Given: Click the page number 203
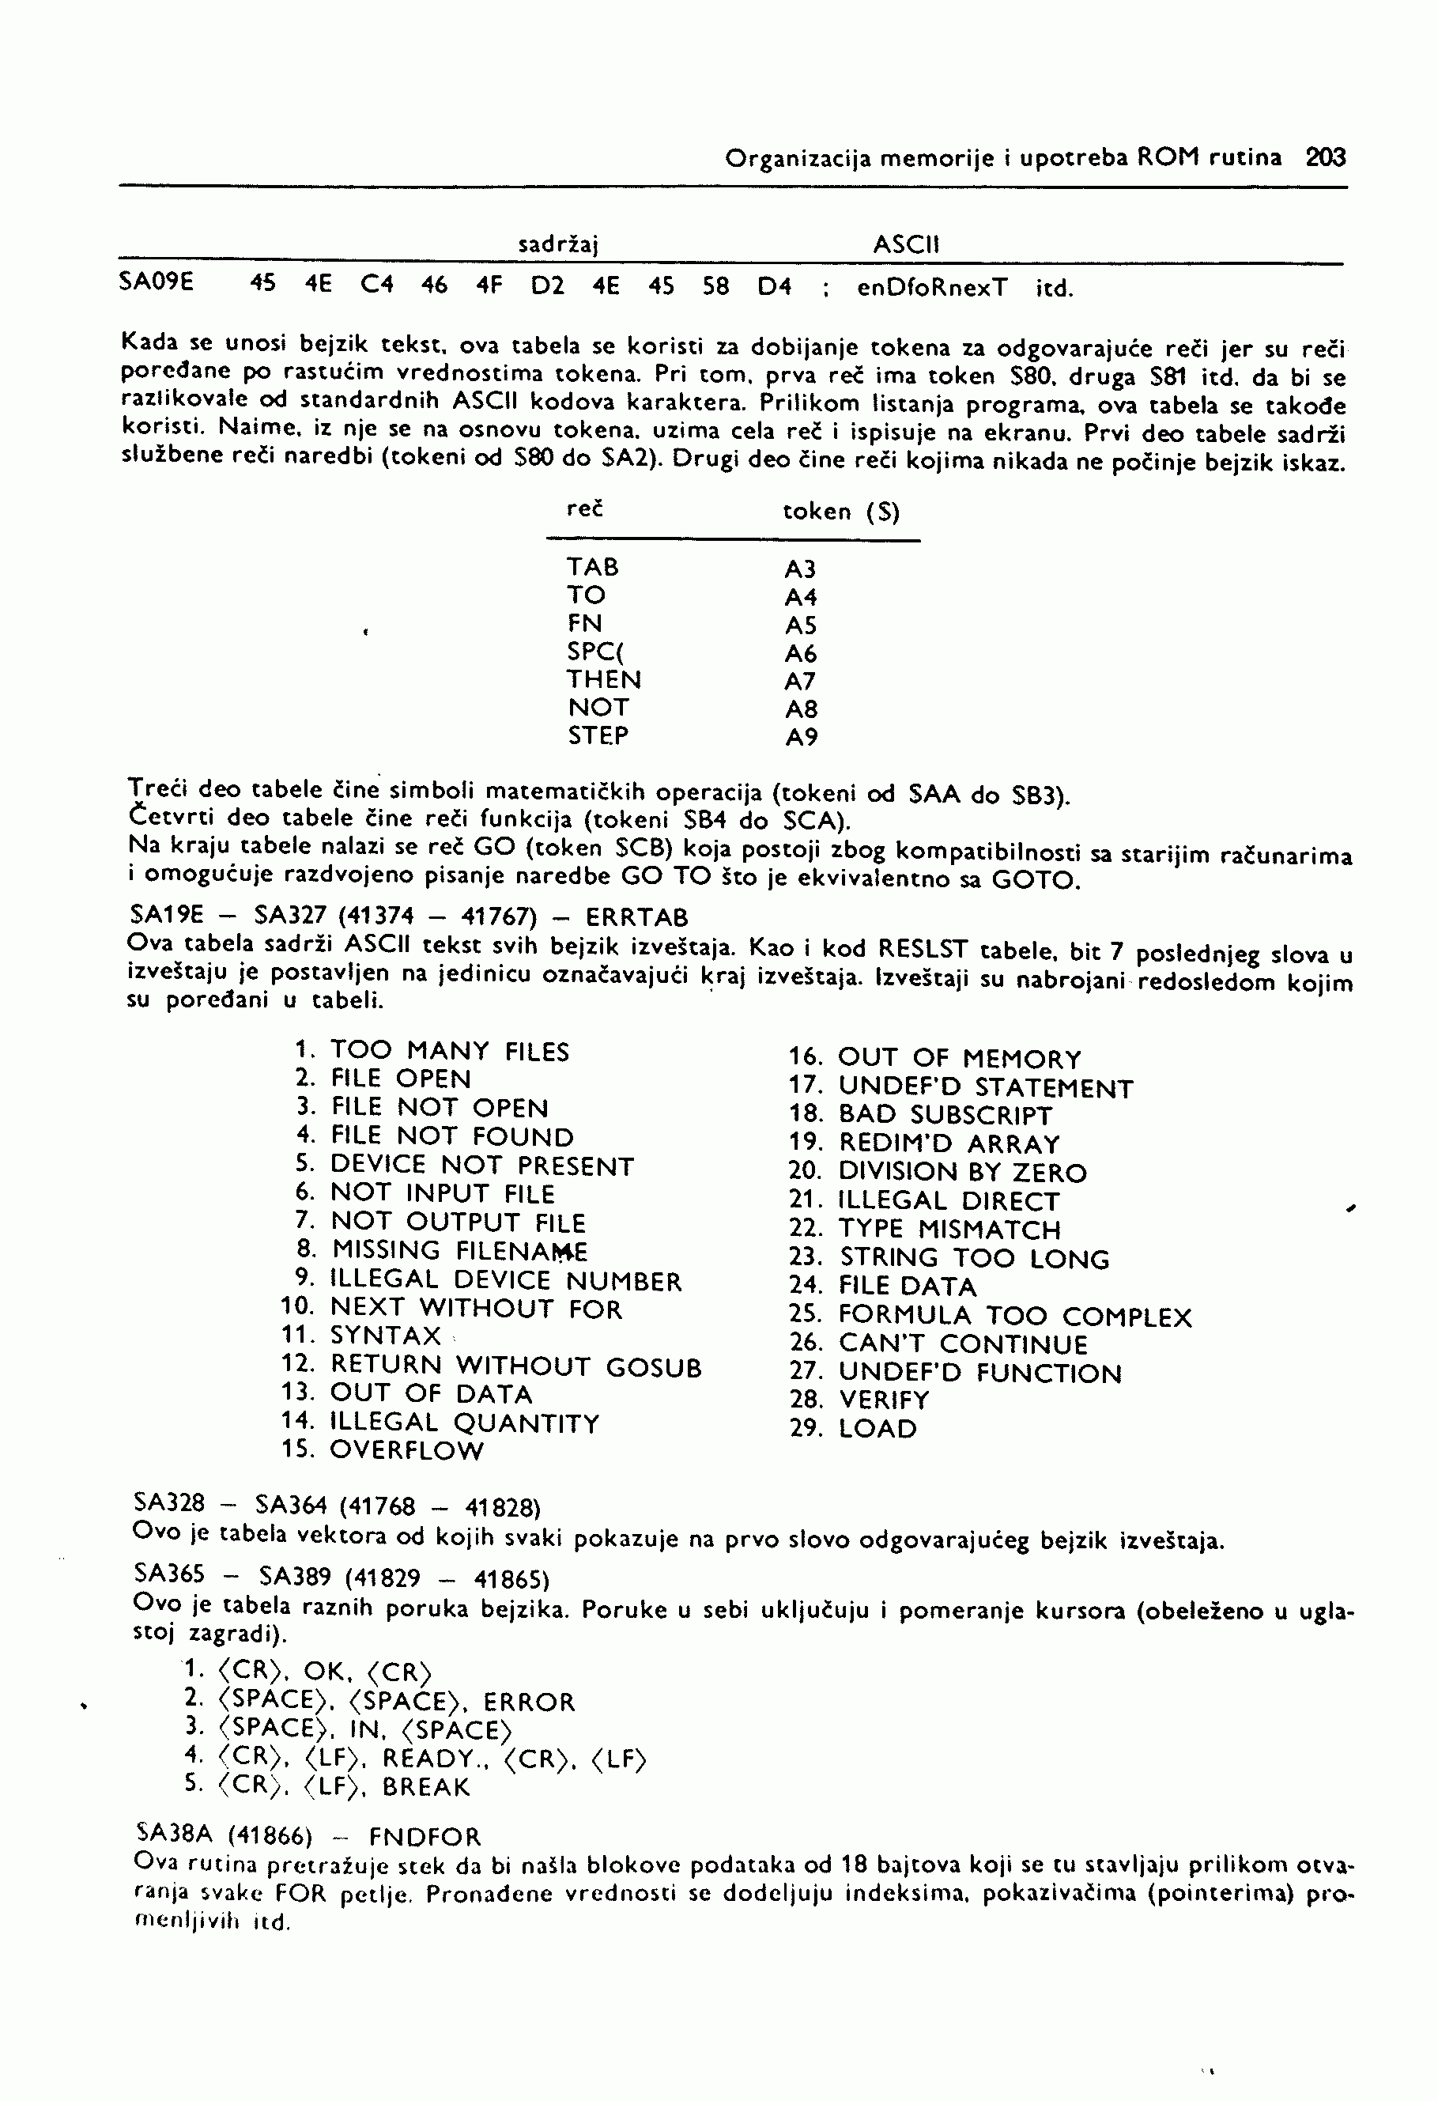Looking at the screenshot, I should pos(1326,158).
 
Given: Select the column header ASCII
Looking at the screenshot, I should pos(907,244).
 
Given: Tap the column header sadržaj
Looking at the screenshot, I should pos(560,244).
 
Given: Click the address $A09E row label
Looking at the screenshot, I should pos(157,283).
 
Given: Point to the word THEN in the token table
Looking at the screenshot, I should pos(604,680).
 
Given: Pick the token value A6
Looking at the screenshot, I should pos(801,654).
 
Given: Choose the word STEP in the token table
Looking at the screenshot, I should pos(598,736).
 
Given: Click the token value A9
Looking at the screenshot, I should pos(801,738).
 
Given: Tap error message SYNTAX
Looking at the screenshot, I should pos(385,1336).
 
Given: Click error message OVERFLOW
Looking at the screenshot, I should pos(406,1451).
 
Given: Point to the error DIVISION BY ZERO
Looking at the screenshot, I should pos(963,1173).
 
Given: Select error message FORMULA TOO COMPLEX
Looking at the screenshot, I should pos(1015,1317).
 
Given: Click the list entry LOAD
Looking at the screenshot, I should pos(878,1430).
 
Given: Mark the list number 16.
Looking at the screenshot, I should pos(805,1058).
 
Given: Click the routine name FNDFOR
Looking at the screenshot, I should pos(425,1837).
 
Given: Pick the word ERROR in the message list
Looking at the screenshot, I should pos(530,1702).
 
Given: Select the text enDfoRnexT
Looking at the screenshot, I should pos(932,289).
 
